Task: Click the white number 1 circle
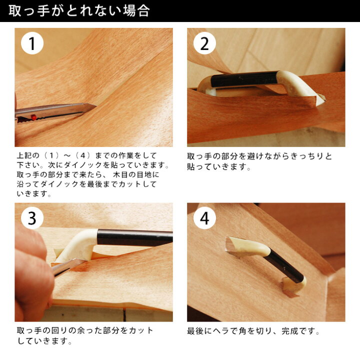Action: (x=32, y=43)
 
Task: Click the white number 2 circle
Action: (x=204, y=43)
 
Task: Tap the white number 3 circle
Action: (x=32, y=218)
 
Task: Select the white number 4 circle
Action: (x=204, y=218)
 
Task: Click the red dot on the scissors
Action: (x=34, y=117)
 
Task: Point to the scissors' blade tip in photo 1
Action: (x=95, y=106)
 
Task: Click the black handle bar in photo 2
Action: (x=244, y=79)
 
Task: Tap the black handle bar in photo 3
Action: (x=135, y=237)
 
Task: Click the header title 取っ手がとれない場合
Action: (x=79, y=11)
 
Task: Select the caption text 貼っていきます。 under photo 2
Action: (x=219, y=166)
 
